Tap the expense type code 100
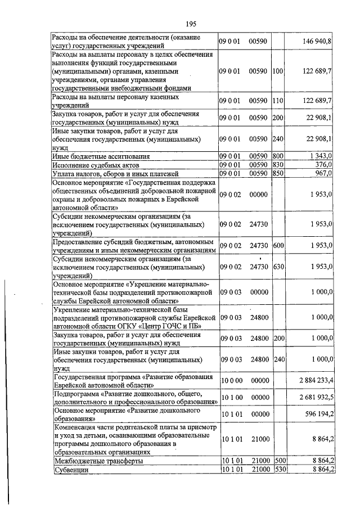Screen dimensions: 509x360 (277, 71)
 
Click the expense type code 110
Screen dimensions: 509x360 (277, 101)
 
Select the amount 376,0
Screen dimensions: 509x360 (323, 164)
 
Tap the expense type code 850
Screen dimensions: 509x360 (277, 173)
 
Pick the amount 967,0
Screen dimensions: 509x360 (323, 173)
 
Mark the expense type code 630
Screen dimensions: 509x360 (277, 266)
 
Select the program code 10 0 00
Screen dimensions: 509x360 (231, 380)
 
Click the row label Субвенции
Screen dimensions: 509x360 (69, 470)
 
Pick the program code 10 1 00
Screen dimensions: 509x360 (231, 397)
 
